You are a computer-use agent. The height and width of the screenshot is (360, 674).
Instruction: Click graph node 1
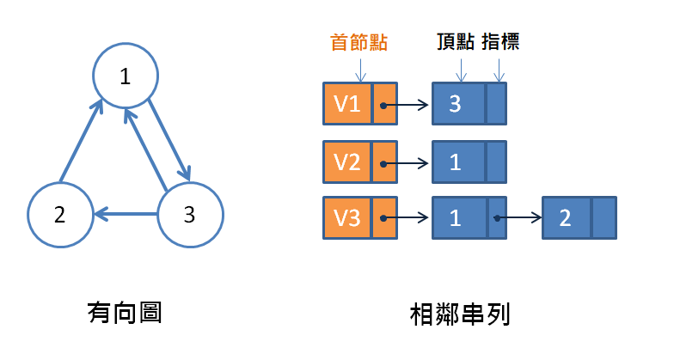point(126,76)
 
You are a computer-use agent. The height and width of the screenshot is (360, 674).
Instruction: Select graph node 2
point(59,214)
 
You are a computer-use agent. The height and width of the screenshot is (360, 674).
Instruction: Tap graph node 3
point(190,214)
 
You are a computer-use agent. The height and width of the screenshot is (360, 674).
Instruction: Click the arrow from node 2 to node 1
point(81,143)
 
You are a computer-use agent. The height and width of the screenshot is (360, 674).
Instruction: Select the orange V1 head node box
point(348,104)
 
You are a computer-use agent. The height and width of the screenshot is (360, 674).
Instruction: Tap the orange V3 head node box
point(348,217)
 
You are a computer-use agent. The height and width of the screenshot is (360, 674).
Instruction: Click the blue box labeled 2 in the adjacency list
point(567,217)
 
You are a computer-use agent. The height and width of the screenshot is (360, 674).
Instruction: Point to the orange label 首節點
point(359,42)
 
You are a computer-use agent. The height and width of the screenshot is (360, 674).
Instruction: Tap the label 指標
point(499,42)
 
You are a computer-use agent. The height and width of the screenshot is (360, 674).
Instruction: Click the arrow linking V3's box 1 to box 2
point(519,217)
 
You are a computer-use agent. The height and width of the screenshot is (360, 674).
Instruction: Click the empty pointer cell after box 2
point(604,217)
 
